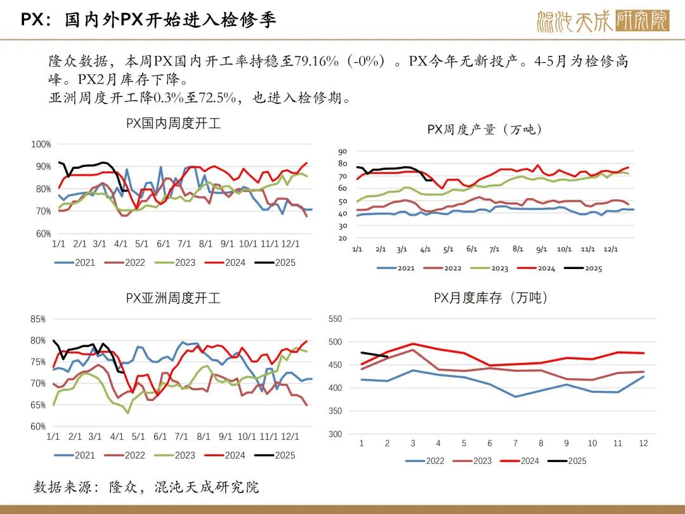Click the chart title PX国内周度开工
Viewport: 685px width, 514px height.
coord(173,124)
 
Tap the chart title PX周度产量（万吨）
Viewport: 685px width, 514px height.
coord(485,129)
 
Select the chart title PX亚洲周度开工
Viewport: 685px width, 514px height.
coord(173,298)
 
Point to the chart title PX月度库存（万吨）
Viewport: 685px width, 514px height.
coord(491,298)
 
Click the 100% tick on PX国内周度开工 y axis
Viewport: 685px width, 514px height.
coord(41,145)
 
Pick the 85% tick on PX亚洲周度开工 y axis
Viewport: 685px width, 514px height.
coord(38,320)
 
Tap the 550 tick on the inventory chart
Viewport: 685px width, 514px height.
coord(335,319)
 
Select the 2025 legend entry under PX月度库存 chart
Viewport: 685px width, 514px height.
coord(568,461)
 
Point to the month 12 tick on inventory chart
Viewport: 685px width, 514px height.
coord(643,444)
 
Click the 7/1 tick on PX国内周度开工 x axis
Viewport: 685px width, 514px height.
coord(185,244)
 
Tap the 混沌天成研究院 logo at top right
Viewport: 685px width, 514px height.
coord(603,21)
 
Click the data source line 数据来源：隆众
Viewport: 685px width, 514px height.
coord(147,487)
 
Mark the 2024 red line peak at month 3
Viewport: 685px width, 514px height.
coord(413,343)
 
